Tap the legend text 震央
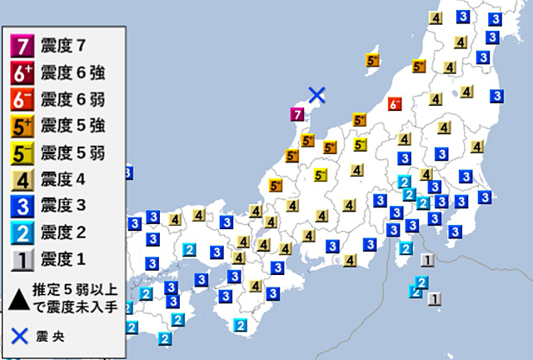(x=53, y=337)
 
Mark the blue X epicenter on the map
(x=316, y=95)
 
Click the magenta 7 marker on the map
(x=295, y=115)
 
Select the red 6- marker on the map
(x=395, y=103)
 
